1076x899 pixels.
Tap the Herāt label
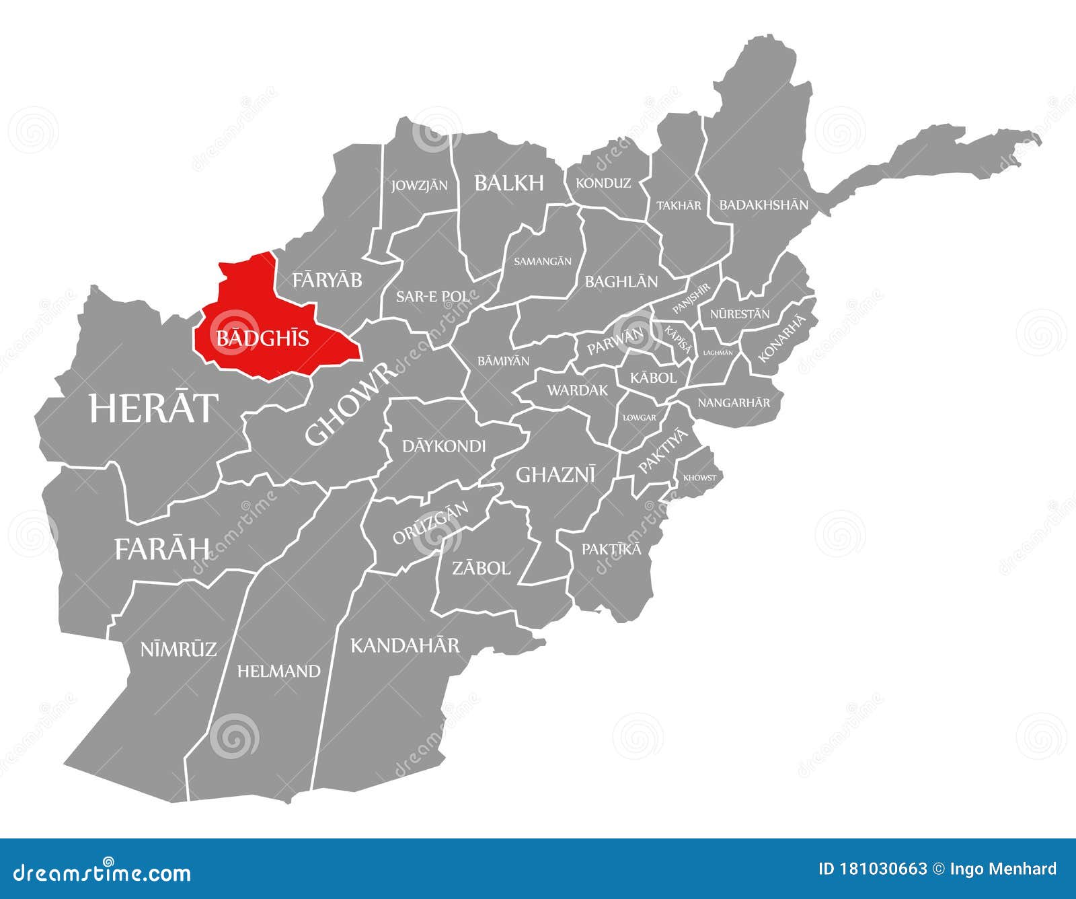(x=154, y=408)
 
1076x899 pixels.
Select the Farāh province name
(x=162, y=549)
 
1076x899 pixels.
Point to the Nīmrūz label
(x=178, y=649)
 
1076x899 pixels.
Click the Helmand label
(x=278, y=671)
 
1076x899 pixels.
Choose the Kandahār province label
(x=405, y=646)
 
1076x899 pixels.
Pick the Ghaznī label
(x=555, y=475)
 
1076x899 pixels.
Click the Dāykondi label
(x=443, y=446)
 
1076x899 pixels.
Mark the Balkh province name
(x=508, y=183)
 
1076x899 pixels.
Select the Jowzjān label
(x=420, y=185)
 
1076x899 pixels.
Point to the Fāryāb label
(x=328, y=280)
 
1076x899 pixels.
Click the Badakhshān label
(x=763, y=205)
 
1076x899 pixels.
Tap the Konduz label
(x=603, y=183)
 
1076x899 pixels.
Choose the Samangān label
(x=542, y=261)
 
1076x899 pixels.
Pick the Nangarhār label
(x=734, y=403)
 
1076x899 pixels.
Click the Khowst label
(x=699, y=478)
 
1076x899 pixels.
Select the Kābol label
(x=653, y=378)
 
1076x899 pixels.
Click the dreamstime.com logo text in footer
(x=103, y=873)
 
